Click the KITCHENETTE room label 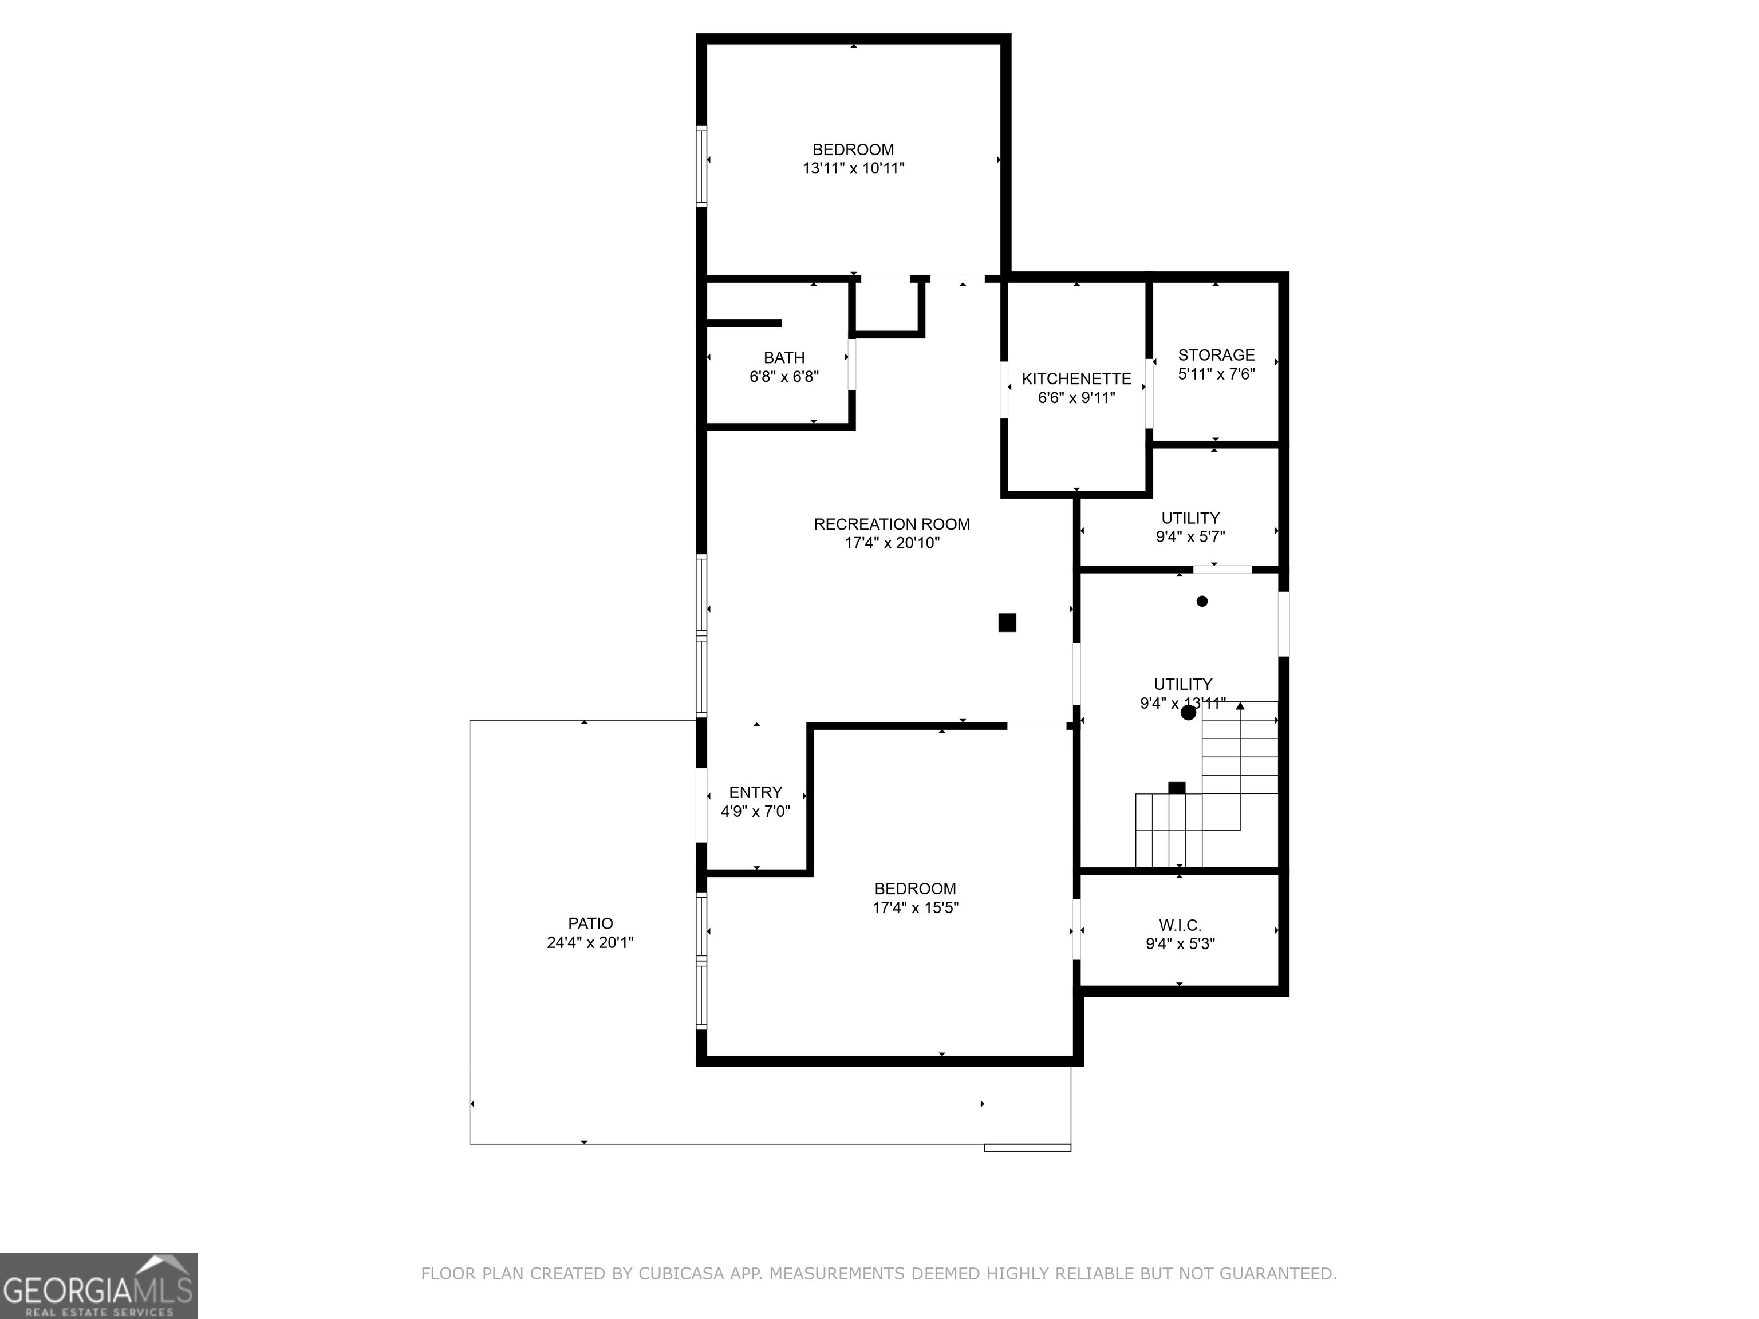[x=1076, y=378]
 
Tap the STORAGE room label [x=1216, y=354]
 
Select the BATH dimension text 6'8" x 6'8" [x=783, y=377]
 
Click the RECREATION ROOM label [x=892, y=524]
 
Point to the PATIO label [x=590, y=923]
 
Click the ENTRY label [x=755, y=792]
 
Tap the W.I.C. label [x=1180, y=925]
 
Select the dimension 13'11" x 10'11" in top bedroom [x=853, y=168]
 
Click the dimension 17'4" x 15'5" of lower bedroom [x=915, y=908]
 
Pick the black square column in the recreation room [x=1007, y=622]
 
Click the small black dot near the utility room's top [x=1201, y=601]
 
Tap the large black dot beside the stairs [x=1188, y=712]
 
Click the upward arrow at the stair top [x=1240, y=706]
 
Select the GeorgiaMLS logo [x=98, y=1286]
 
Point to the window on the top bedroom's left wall [x=701, y=166]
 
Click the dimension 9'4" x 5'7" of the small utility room [x=1190, y=536]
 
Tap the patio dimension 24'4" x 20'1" [x=590, y=943]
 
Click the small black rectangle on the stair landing [x=1176, y=788]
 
